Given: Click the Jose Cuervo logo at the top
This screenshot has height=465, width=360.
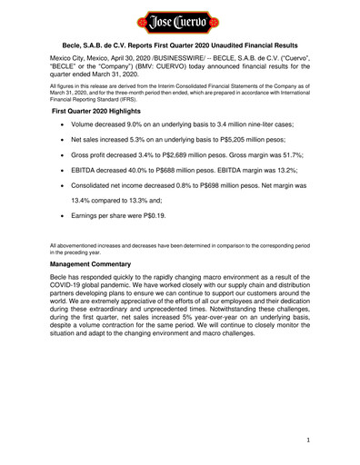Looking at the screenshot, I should (x=180, y=19).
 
